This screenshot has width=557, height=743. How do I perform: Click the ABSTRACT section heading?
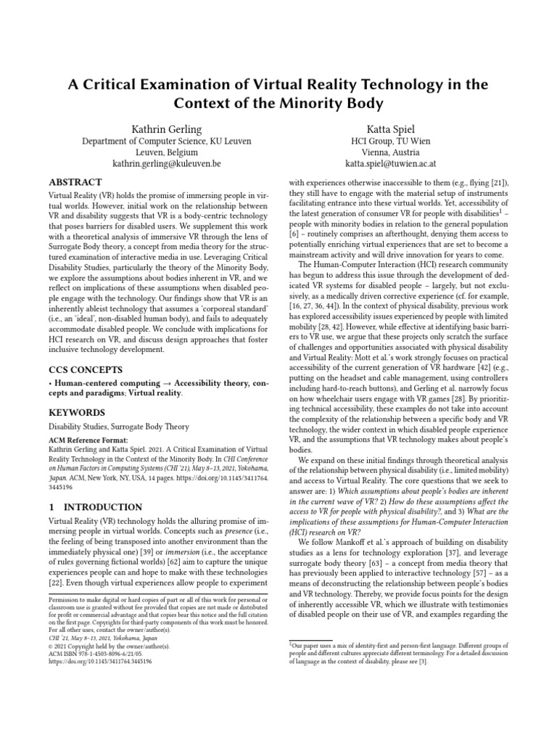75,183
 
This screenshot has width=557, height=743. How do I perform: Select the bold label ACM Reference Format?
88,440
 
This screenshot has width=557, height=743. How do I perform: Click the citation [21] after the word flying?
500,184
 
